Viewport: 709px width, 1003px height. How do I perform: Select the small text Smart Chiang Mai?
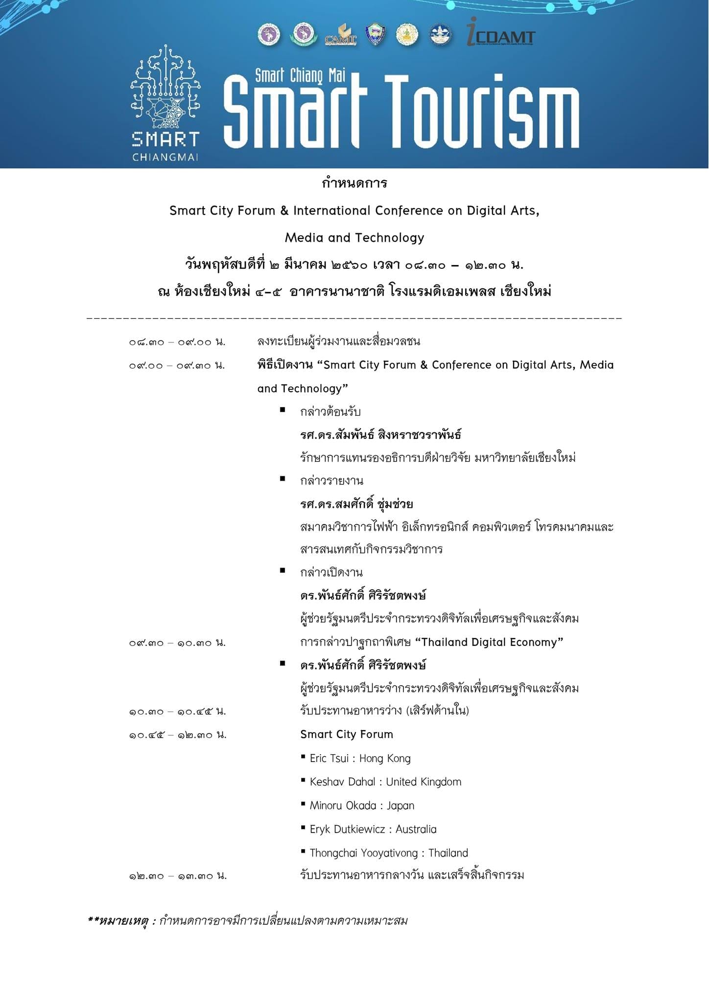tap(300, 75)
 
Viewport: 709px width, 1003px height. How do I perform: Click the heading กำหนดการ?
tap(354, 184)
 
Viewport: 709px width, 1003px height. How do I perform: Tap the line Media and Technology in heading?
tap(354, 238)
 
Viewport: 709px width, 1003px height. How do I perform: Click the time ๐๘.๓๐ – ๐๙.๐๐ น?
tap(177, 342)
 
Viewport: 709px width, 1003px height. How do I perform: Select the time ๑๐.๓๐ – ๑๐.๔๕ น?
tap(177, 712)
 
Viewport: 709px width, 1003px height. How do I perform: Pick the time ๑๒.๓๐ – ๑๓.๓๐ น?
tap(178, 876)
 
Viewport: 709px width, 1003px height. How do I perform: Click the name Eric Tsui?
tap(329, 759)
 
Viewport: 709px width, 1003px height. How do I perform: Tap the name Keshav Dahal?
tap(342, 782)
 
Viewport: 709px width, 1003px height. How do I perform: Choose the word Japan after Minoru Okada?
tap(401, 806)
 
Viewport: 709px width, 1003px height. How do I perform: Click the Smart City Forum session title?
tap(347, 735)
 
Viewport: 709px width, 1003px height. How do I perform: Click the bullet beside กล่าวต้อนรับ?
tap(283, 410)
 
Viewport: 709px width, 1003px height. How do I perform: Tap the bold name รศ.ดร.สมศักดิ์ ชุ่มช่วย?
tap(356, 504)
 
